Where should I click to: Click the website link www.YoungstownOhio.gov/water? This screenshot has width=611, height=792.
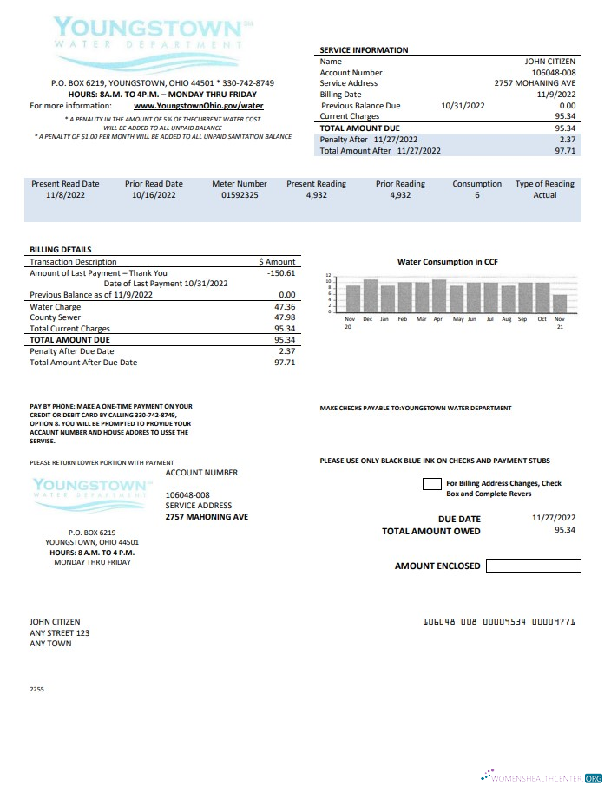point(199,106)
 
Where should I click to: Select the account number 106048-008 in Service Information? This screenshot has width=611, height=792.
point(553,73)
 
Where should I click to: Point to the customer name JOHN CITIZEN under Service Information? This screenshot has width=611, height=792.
point(550,62)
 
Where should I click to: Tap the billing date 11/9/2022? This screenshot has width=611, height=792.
point(556,95)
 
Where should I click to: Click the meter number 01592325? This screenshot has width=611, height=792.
point(240,195)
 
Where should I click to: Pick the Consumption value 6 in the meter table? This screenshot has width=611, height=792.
point(476,195)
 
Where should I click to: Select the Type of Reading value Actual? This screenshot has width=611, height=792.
point(544,195)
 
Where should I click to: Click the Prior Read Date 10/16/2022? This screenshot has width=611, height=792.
point(154,195)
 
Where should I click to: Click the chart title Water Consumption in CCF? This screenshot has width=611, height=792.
point(447,261)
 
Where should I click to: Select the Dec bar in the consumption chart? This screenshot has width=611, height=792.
point(370,295)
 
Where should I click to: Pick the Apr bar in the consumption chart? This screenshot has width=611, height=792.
point(439,295)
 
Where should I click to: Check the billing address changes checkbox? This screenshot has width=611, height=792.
point(431,484)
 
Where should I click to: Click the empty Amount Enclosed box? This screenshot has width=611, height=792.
point(533,566)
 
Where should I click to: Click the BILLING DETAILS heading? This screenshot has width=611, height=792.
point(61,250)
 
